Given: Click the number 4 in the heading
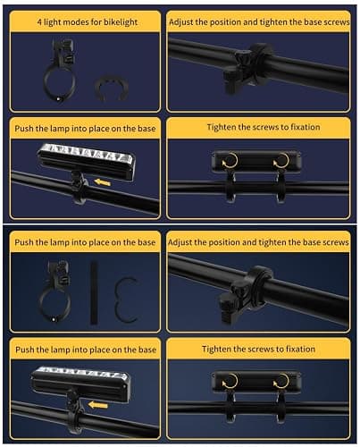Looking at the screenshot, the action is pos(39,22).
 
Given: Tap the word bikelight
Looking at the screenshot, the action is pos(121,22).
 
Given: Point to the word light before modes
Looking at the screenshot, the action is pos(54,22).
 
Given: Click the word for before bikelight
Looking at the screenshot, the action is pos(97,22).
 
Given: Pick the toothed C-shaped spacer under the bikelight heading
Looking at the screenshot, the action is pos(111,88).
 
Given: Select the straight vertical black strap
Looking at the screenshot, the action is pos(94,293).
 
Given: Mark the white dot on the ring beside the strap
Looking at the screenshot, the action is pos(54,319).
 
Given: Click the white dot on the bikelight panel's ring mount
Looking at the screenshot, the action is pos(58,99).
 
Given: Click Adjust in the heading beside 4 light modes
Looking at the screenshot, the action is pos(180,22).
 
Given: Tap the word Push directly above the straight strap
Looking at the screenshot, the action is pos(24,242).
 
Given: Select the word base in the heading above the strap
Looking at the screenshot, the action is pos(147,242).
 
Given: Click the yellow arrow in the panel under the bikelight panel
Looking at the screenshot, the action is pos(102,181).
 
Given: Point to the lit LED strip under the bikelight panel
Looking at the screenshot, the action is pos(87,153).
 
